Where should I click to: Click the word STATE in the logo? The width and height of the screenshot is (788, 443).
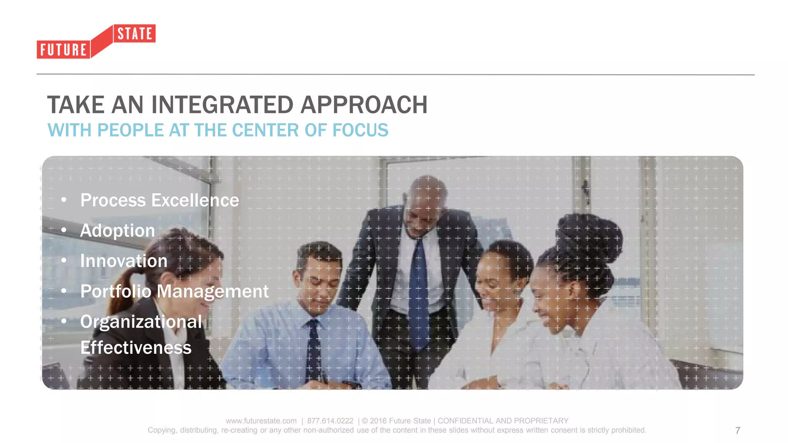tap(135, 34)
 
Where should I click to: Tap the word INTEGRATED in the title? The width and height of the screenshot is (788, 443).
tap(222, 105)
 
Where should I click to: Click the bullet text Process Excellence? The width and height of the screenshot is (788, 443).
tap(159, 200)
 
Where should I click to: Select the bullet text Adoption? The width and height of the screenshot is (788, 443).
tap(117, 231)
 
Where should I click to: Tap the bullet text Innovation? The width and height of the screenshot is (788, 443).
tap(124, 261)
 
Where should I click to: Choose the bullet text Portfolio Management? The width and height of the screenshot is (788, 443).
tap(174, 291)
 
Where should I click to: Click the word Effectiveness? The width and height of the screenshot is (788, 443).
tap(135, 348)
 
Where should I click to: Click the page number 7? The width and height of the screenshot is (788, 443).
tap(737, 431)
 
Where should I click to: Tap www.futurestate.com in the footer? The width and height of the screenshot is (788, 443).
tap(261, 421)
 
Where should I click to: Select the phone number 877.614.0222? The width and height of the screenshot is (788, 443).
tap(330, 421)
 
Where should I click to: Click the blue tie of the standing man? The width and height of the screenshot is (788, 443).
tap(419, 292)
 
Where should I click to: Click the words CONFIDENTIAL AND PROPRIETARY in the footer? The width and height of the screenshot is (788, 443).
tap(503, 421)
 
